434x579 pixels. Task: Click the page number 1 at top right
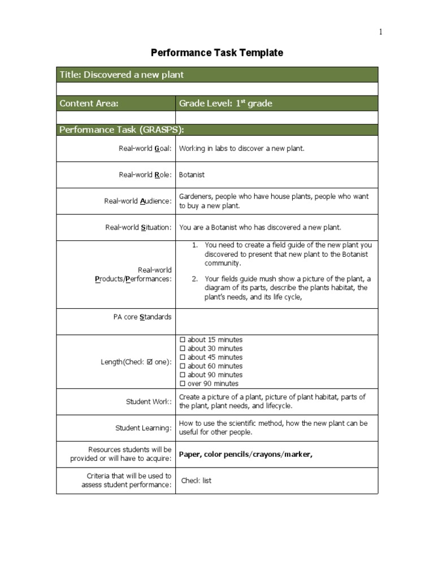(x=380, y=32)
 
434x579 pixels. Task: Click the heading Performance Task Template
(x=217, y=53)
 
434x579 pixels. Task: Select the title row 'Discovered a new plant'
(x=121, y=75)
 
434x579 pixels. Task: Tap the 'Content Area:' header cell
(x=89, y=103)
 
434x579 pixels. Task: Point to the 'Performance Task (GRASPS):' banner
(x=122, y=129)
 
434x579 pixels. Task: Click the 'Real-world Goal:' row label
(x=145, y=149)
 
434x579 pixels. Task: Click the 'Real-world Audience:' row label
(x=137, y=201)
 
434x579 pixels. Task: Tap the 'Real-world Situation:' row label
(x=138, y=227)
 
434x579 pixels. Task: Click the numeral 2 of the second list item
(x=194, y=279)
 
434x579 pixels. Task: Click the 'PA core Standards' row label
(x=142, y=317)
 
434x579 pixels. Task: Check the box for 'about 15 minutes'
(x=182, y=340)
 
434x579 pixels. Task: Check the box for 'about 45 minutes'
(x=182, y=357)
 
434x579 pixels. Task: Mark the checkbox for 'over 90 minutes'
(x=182, y=383)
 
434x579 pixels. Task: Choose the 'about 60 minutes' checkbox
(x=182, y=366)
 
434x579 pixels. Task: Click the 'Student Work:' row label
(x=149, y=402)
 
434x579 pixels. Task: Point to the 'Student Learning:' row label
(x=143, y=428)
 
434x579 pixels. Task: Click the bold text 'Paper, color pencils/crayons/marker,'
(x=245, y=454)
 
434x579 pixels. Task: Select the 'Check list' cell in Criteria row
(x=196, y=481)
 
